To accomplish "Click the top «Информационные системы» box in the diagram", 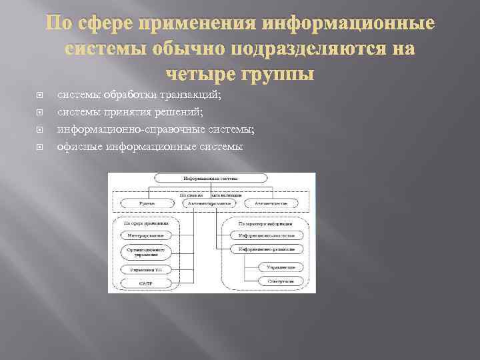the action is click(211, 179).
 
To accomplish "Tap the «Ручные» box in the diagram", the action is click(147, 203).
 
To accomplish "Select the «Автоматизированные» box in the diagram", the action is click(211, 203).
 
